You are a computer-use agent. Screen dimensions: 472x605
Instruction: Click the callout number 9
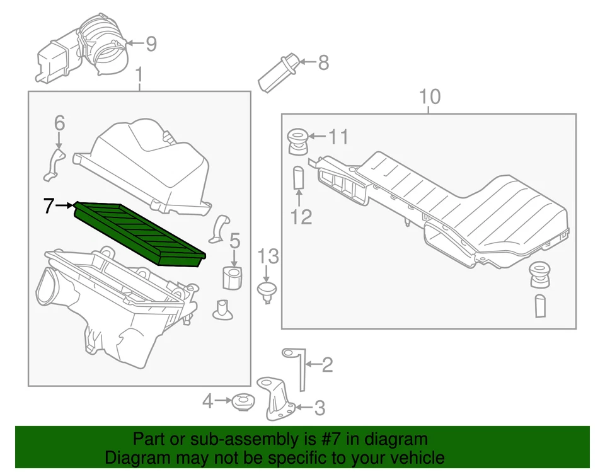click(x=151, y=44)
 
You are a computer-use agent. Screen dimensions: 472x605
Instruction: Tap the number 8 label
click(x=323, y=62)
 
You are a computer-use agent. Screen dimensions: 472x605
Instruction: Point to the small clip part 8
click(x=277, y=74)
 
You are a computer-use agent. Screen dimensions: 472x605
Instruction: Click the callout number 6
click(x=59, y=124)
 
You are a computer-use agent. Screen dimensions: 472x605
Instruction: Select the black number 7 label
click(x=49, y=205)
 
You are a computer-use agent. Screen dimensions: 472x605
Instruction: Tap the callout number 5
click(x=234, y=240)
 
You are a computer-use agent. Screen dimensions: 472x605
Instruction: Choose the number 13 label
click(x=268, y=256)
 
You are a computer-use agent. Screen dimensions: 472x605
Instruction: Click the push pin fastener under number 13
click(x=268, y=291)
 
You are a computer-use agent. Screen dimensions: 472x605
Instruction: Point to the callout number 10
click(x=430, y=97)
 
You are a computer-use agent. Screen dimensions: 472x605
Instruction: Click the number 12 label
click(x=301, y=217)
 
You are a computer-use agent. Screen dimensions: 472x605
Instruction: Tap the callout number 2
click(x=327, y=364)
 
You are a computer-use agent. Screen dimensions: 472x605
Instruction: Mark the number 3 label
click(x=320, y=408)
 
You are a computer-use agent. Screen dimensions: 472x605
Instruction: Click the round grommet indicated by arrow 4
click(x=241, y=401)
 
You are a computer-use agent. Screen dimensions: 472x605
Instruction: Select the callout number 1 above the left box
click(x=139, y=78)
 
